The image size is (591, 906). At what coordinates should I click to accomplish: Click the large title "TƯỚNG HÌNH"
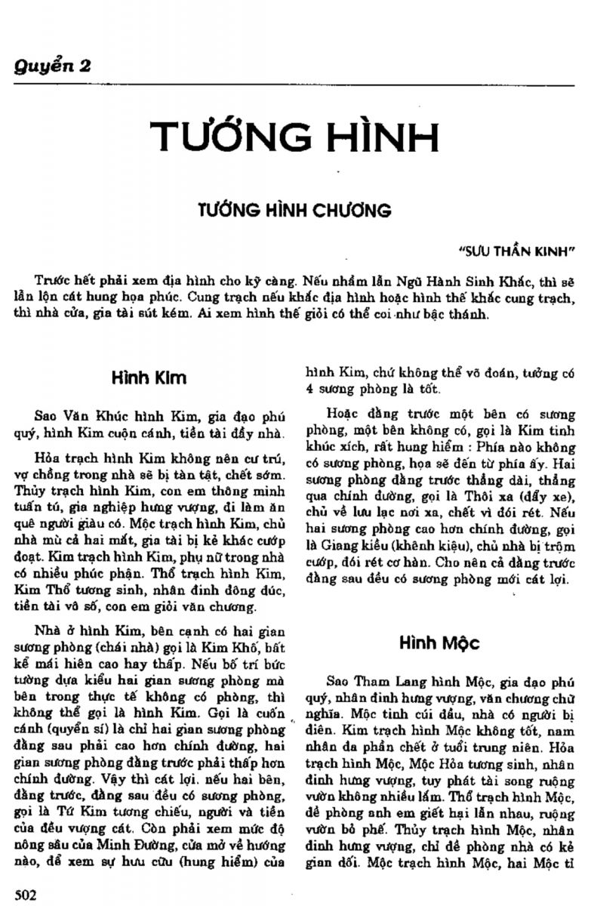click(294, 136)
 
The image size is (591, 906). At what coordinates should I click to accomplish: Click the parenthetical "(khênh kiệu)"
click(414, 544)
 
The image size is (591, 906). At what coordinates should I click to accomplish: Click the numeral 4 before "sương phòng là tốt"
click(309, 390)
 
